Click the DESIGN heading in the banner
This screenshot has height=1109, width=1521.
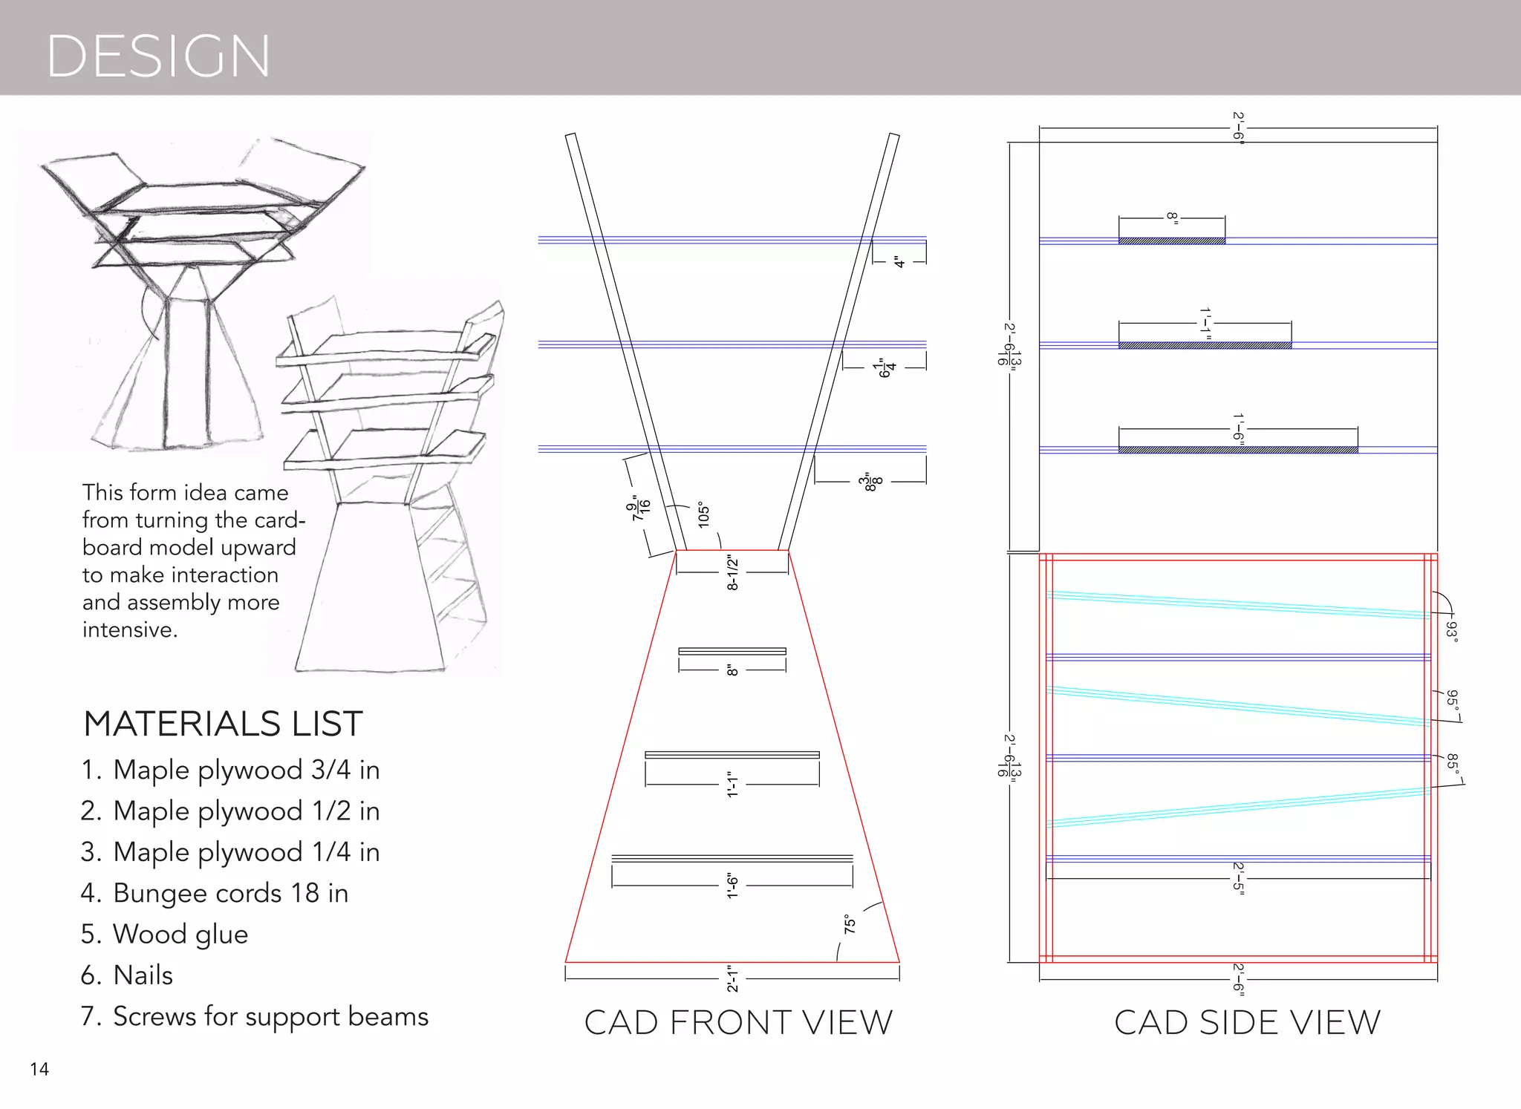(x=158, y=56)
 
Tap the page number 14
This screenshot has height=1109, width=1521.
(x=39, y=1069)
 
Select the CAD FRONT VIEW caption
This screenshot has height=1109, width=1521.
(x=738, y=1022)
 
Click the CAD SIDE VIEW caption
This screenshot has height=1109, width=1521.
(x=1247, y=1022)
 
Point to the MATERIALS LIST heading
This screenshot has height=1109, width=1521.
(x=223, y=724)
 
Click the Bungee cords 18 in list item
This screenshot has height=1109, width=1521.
(x=215, y=893)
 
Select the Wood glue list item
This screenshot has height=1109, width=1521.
(x=165, y=934)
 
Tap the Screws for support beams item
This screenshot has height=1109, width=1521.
(x=255, y=1016)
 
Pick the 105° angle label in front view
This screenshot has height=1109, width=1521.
(x=704, y=514)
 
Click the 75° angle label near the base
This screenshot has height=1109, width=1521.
(x=850, y=925)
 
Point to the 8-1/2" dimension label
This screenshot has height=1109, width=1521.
(x=733, y=573)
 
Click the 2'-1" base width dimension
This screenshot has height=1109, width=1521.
(x=733, y=979)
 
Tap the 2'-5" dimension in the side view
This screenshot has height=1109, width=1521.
(x=1238, y=878)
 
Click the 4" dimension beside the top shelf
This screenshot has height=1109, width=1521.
(x=899, y=262)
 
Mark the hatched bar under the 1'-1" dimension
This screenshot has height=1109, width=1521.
(x=1205, y=346)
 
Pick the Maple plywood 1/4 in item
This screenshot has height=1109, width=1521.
(x=230, y=852)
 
